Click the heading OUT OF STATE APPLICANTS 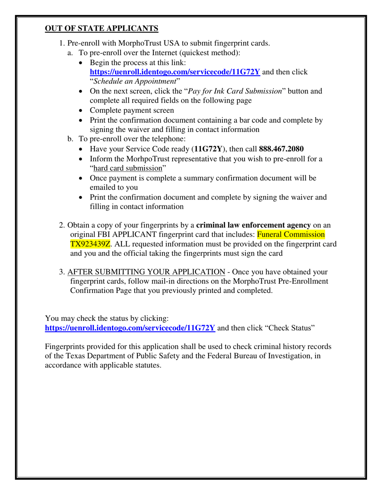click(101, 29)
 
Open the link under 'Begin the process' click(175, 72)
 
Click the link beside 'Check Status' click(130, 328)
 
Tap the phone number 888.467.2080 click(281, 148)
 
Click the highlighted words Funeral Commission click(291, 235)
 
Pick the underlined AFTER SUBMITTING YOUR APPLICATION click(146, 272)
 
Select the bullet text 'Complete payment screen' click(132, 110)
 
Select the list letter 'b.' click(70, 139)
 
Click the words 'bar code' click(276, 120)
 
